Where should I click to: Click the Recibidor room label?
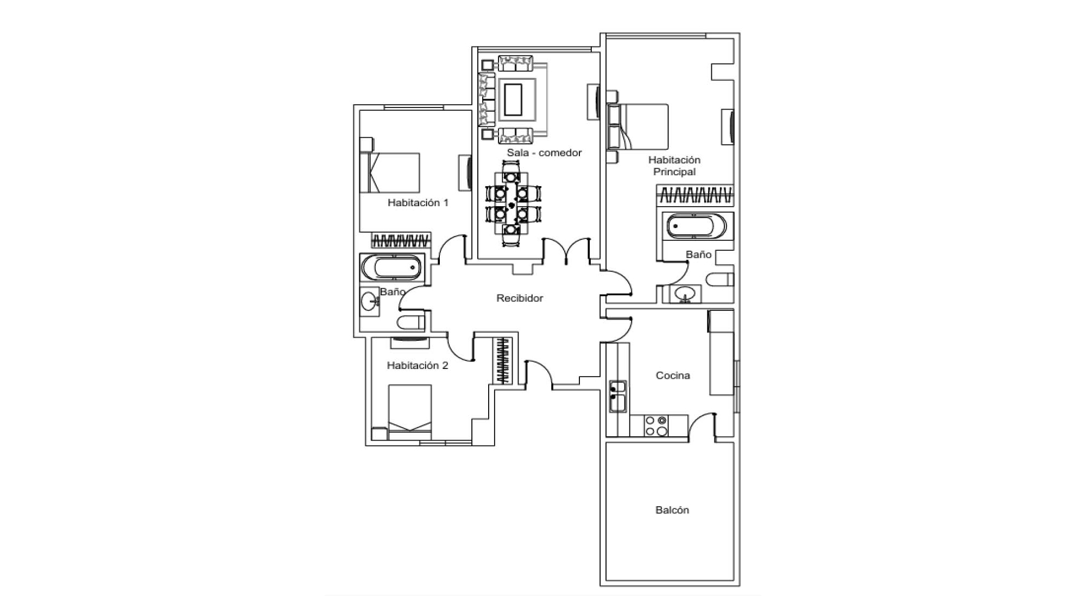[x=520, y=298]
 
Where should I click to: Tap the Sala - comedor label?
[x=544, y=152]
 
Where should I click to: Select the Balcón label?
[x=672, y=510]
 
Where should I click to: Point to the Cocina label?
[x=673, y=375]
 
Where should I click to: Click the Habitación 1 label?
[x=418, y=202]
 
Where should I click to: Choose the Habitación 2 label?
[x=418, y=365]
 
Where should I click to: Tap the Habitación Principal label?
[x=674, y=166]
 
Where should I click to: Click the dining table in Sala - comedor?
[x=511, y=203]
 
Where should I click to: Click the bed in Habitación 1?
[x=390, y=173]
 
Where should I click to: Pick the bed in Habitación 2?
[x=410, y=412]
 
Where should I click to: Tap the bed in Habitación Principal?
[x=638, y=126]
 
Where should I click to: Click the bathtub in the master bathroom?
[x=696, y=226]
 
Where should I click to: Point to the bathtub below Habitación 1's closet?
[x=392, y=268]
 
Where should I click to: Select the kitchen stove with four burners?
[x=656, y=425]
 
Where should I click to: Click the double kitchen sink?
[x=618, y=396]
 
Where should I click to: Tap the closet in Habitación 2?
[x=503, y=361]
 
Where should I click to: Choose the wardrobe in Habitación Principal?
[x=695, y=195]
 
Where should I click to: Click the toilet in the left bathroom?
[x=411, y=322]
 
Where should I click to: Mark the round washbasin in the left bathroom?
[x=370, y=300]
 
